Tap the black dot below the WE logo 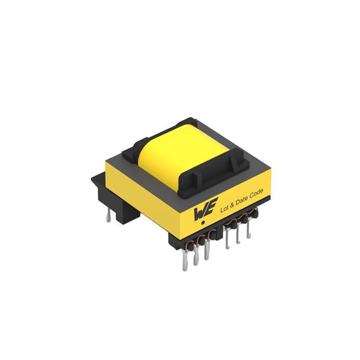(x=203, y=223)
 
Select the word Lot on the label (x=224, y=208)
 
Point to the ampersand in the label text (x=232, y=205)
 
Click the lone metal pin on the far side (x=108, y=217)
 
